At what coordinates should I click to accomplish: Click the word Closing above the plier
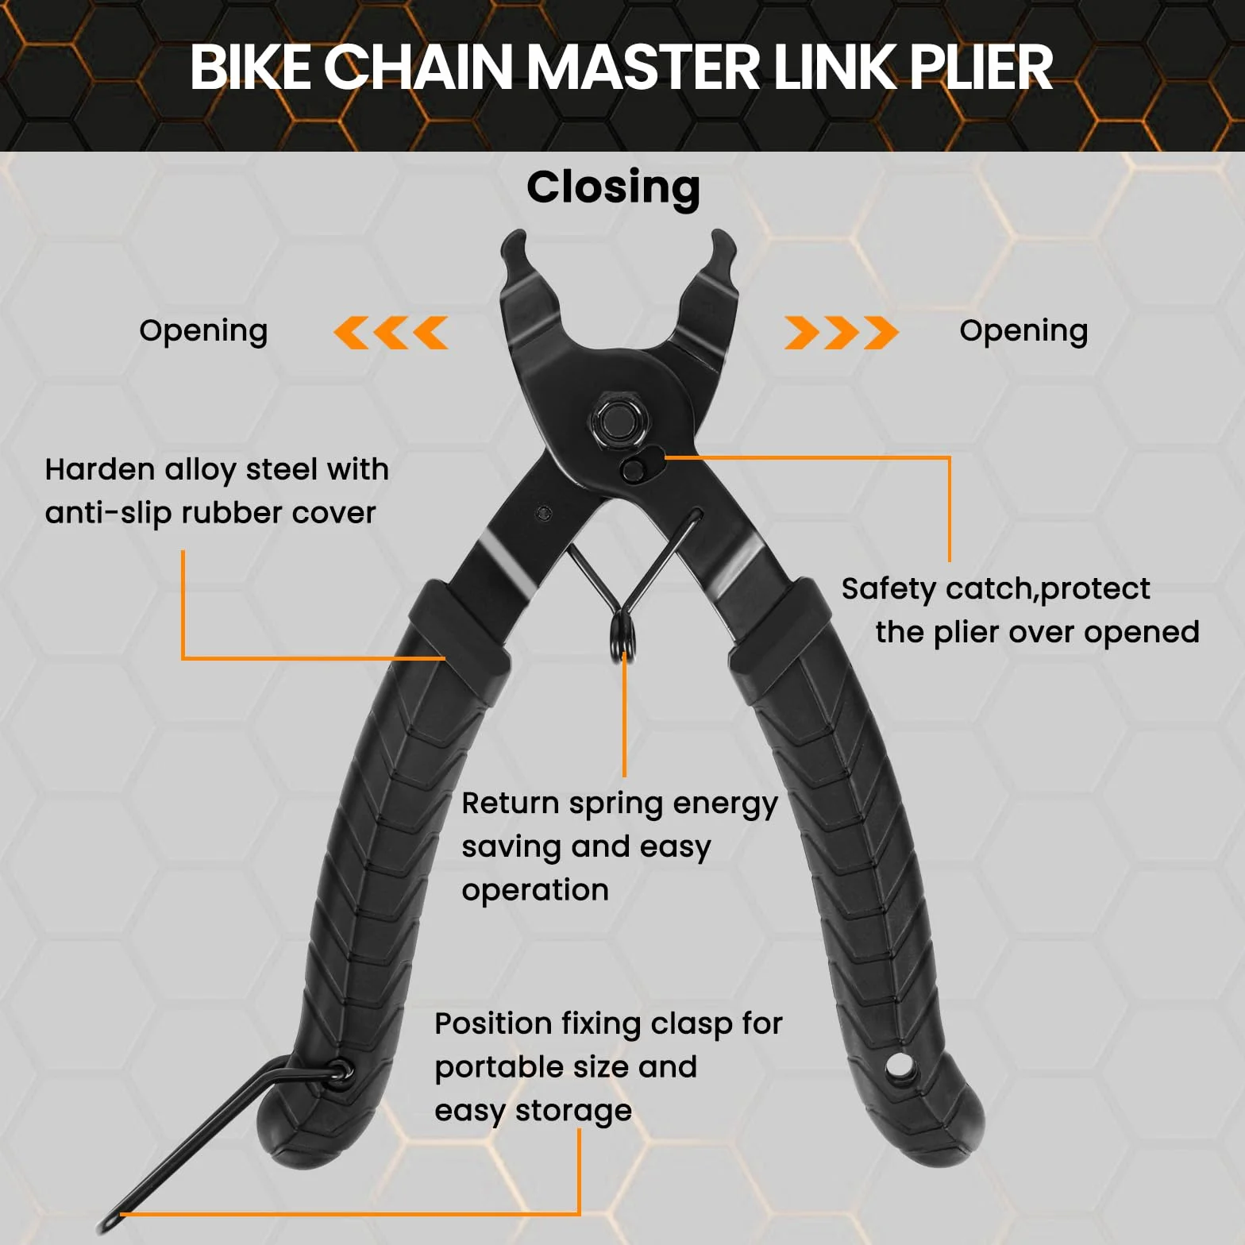[613, 189]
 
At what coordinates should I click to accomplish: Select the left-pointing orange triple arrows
[391, 333]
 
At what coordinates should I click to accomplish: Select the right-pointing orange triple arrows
[842, 333]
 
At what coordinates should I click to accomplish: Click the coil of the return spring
[624, 634]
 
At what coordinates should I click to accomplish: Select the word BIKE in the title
[251, 67]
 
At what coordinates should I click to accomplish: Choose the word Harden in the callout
[99, 469]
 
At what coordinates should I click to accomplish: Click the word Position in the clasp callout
[492, 1024]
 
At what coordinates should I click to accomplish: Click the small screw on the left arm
[543, 513]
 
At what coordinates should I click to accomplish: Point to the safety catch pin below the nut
[633, 470]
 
